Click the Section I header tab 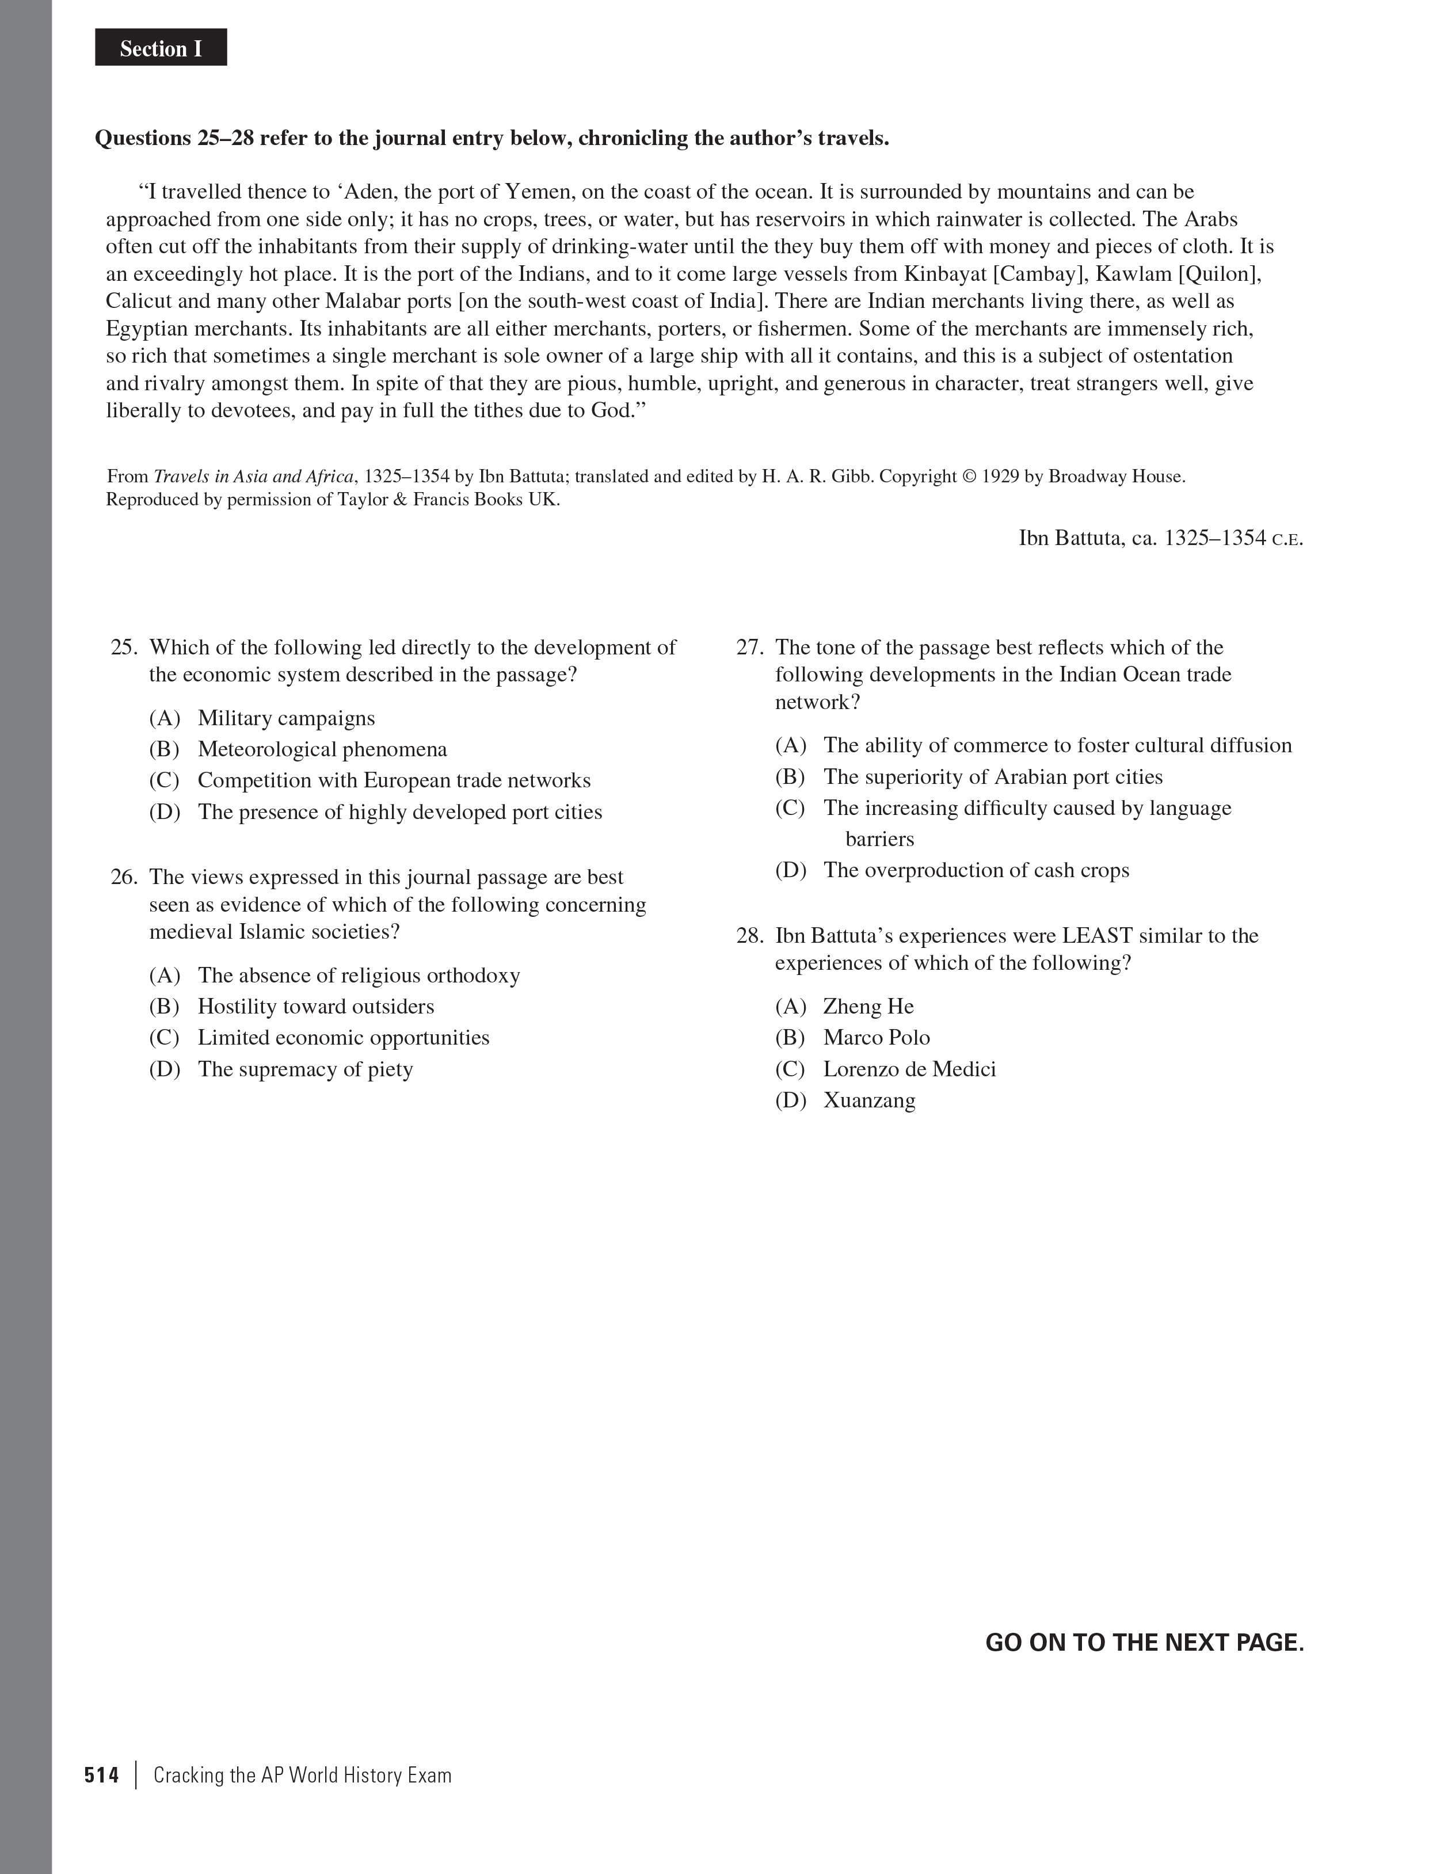[161, 48]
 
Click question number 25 [124, 647]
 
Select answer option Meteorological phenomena [322, 749]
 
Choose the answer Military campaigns [285, 718]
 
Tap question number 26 [124, 877]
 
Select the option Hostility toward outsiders [315, 1007]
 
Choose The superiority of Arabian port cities [993, 776]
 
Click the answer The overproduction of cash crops [976, 870]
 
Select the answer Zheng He [868, 1007]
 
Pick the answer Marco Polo [876, 1037]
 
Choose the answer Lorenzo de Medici [909, 1069]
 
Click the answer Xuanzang [869, 1100]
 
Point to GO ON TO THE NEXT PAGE [1144, 1642]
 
